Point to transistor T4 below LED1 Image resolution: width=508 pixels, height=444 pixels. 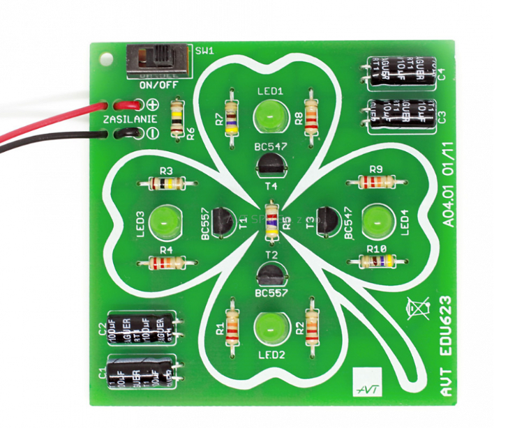point(269,164)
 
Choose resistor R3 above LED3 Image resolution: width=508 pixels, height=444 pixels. point(166,184)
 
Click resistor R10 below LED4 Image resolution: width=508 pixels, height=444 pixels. point(377,261)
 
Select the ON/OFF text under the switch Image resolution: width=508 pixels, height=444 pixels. point(158,85)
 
